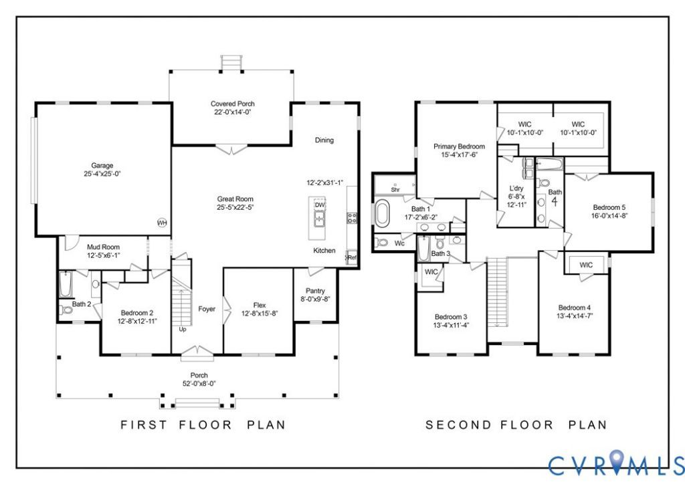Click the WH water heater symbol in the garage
click(162, 223)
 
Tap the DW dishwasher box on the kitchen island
click(320, 205)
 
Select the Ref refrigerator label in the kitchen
click(352, 257)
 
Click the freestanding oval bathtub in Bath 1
click(382, 213)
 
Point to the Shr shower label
click(395, 190)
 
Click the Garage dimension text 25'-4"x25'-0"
click(102, 173)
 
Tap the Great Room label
click(235, 199)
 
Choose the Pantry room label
click(316, 291)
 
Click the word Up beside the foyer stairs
click(183, 329)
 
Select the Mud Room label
click(103, 247)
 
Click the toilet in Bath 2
click(66, 310)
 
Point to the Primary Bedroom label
click(459, 146)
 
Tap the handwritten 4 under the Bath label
click(555, 201)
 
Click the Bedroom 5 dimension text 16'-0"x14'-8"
click(609, 216)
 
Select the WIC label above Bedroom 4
click(586, 265)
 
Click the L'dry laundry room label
click(517, 189)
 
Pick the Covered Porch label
click(232, 104)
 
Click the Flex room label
click(260, 305)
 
